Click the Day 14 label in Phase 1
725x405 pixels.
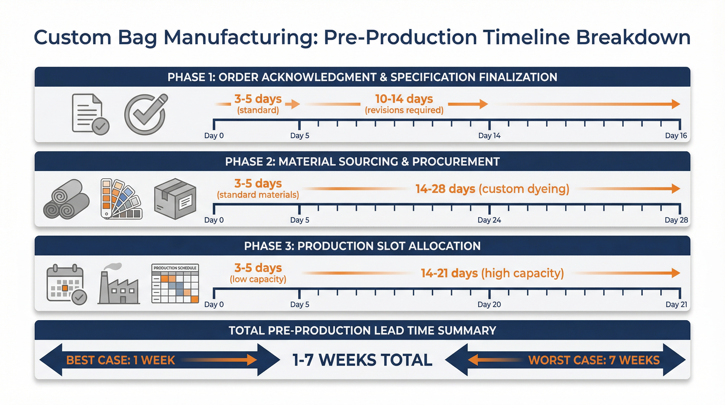(489, 136)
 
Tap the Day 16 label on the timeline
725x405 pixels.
(676, 136)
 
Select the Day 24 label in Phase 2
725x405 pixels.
(489, 220)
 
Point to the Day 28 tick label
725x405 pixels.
(676, 220)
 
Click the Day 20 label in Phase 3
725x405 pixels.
(489, 304)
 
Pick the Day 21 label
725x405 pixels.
(676, 304)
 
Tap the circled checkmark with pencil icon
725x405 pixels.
(146, 114)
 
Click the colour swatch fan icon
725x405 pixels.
(121, 199)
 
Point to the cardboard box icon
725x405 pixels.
(175, 199)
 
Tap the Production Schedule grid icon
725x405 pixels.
(175, 283)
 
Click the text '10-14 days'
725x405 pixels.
(404, 99)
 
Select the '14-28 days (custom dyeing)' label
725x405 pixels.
(492, 189)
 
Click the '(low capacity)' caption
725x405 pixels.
(258, 279)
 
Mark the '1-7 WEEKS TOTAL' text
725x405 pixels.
(362, 360)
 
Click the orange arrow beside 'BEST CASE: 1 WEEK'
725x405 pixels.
(219, 360)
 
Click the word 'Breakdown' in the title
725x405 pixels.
(633, 37)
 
